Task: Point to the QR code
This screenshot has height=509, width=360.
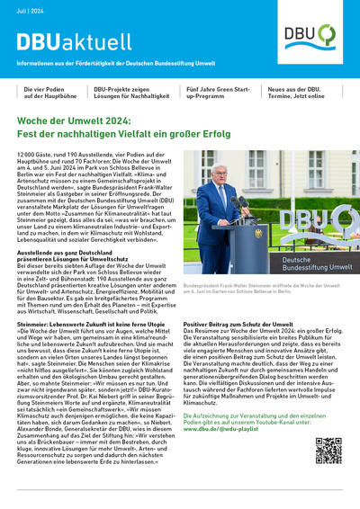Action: point(328,451)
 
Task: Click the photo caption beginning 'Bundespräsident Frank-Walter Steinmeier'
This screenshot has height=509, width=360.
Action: point(261,287)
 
